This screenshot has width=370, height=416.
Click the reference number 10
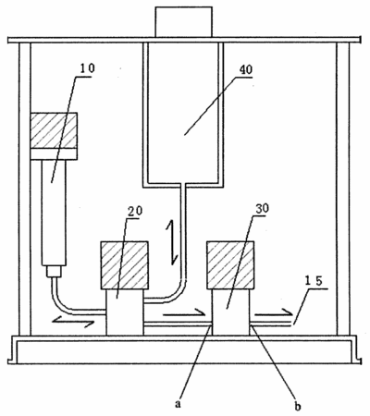pyautogui.click(x=87, y=68)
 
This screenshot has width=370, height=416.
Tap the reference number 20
pyautogui.click(x=135, y=211)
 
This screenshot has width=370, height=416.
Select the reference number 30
pyautogui.click(x=262, y=209)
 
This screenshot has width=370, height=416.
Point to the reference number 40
pyautogui.click(x=246, y=69)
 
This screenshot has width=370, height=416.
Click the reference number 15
pyautogui.click(x=314, y=281)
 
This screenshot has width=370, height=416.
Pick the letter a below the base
pyautogui.click(x=178, y=403)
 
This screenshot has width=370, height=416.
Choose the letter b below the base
pyautogui.click(x=298, y=406)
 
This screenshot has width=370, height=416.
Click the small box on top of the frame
pyautogui.click(x=184, y=21)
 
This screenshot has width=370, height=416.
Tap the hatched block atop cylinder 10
pyautogui.click(x=54, y=130)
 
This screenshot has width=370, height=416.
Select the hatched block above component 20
pyautogui.click(x=125, y=265)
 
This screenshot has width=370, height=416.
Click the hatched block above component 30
pyautogui.click(x=230, y=265)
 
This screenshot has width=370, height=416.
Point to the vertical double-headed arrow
pyautogui.click(x=171, y=243)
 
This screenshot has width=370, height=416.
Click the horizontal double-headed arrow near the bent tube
pyautogui.click(x=73, y=322)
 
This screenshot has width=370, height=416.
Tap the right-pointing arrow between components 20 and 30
pyautogui.click(x=184, y=313)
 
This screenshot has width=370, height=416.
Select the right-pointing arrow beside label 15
pyautogui.click(x=274, y=313)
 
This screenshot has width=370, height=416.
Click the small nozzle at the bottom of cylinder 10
pyautogui.click(x=54, y=271)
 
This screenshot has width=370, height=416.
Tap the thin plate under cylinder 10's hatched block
pyautogui.click(x=54, y=154)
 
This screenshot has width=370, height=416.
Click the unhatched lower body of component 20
pyautogui.click(x=125, y=312)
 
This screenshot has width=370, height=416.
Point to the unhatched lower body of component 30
pyautogui.click(x=230, y=312)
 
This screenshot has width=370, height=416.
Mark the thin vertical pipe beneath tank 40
pyautogui.click(x=184, y=233)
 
